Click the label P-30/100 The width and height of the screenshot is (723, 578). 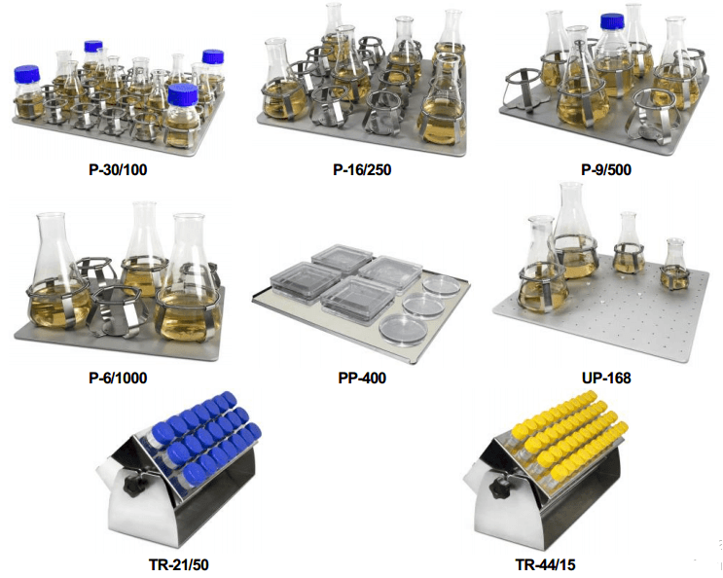click(x=118, y=169)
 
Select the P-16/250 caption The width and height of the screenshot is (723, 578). click(x=362, y=169)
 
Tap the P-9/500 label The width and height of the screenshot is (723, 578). click(x=606, y=169)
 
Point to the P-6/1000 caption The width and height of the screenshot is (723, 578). click(x=118, y=378)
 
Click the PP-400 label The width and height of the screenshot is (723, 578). click(x=362, y=378)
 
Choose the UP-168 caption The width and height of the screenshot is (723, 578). click(x=606, y=378)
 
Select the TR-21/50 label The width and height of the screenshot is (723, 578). click(x=178, y=564)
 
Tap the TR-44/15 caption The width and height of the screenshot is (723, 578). click(x=545, y=564)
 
